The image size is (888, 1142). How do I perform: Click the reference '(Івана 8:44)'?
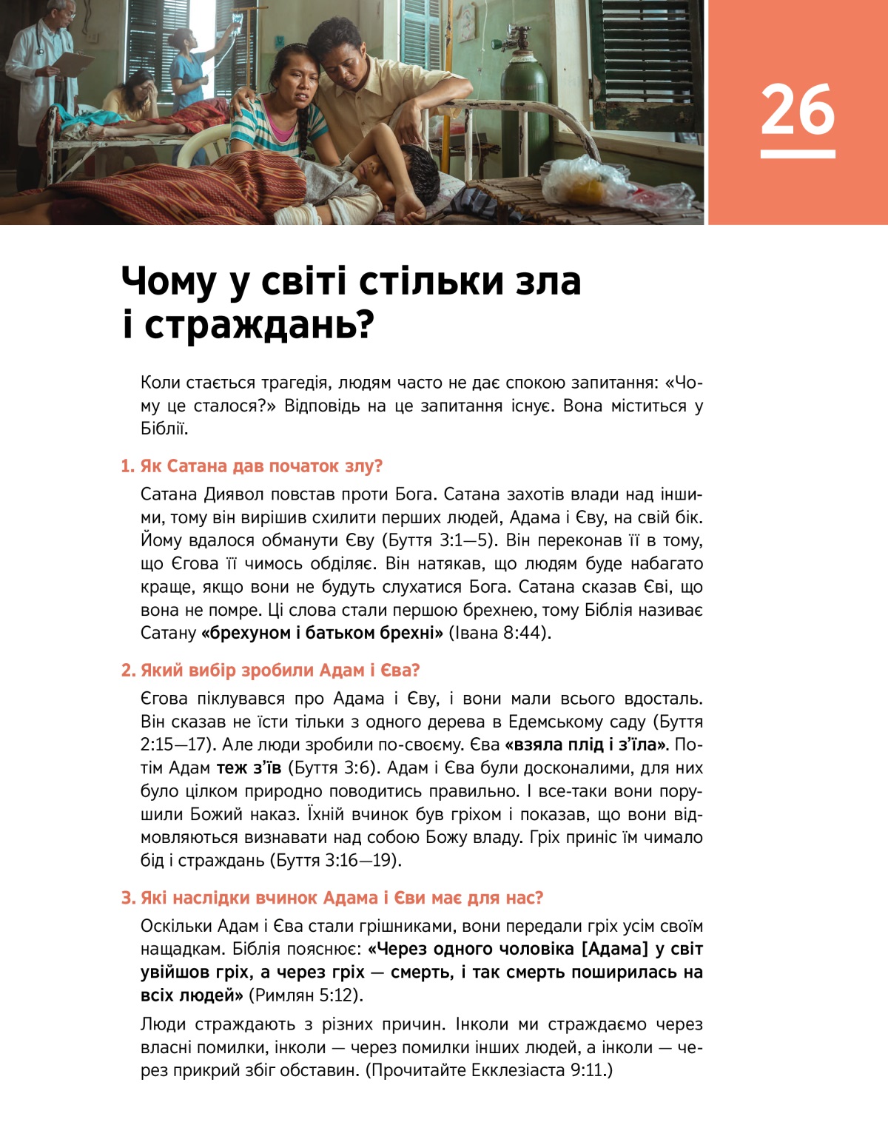(500, 634)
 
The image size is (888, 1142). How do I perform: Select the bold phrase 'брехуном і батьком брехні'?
(322, 634)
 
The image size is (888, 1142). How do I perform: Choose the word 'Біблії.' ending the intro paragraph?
(164, 429)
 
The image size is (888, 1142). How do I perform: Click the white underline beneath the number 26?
(798, 154)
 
